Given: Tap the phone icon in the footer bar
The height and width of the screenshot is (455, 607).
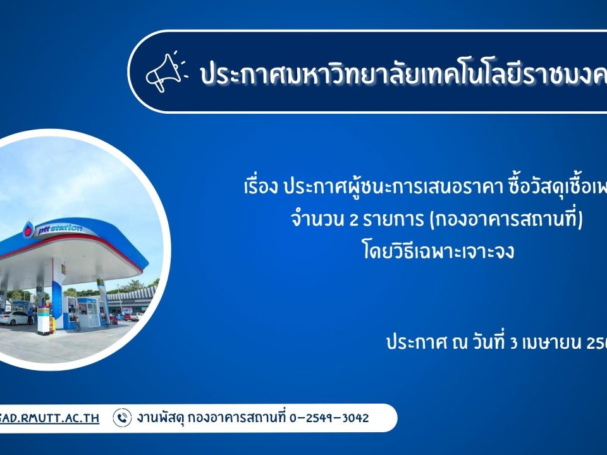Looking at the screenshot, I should [x=121, y=418].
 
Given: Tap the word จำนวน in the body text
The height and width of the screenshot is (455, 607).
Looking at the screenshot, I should [x=311, y=221].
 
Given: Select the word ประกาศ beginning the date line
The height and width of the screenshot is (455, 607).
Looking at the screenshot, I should [x=411, y=344].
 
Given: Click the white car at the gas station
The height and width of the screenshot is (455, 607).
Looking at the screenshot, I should [x=15, y=318].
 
